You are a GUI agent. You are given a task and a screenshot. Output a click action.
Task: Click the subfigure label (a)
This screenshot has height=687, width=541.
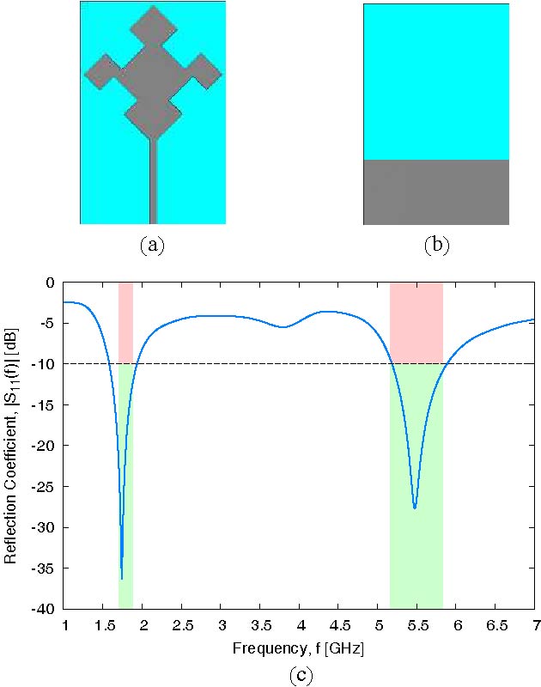(x=152, y=246)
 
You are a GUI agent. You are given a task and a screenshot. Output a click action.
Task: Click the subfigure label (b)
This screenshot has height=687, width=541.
(x=436, y=246)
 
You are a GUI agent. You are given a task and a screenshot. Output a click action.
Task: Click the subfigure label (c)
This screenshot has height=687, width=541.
(x=299, y=675)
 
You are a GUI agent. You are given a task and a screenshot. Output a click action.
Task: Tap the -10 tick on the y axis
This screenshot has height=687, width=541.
(x=45, y=364)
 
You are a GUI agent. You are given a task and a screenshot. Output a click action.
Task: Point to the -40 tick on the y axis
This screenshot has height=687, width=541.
(x=45, y=609)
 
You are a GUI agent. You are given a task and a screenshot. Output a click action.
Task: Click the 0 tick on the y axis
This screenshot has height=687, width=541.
(x=50, y=283)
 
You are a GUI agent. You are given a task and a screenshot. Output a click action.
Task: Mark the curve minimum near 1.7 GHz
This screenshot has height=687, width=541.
(x=122, y=577)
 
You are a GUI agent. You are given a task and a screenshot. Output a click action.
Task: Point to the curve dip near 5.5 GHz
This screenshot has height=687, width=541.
(x=415, y=508)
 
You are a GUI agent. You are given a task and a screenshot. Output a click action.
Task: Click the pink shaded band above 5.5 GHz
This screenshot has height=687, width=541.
(x=416, y=322)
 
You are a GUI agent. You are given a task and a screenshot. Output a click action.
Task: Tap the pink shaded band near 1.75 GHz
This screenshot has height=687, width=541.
(x=125, y=322)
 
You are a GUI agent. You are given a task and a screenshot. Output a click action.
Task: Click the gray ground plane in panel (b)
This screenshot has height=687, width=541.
(x=436, y=192)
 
